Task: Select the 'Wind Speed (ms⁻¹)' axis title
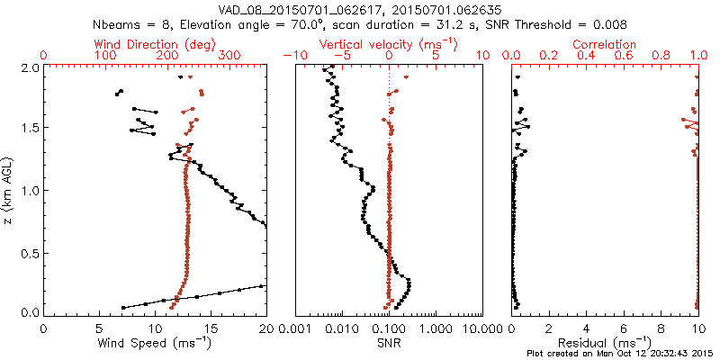[x=155, y=343]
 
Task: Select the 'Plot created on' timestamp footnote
[x=620, y=354]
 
